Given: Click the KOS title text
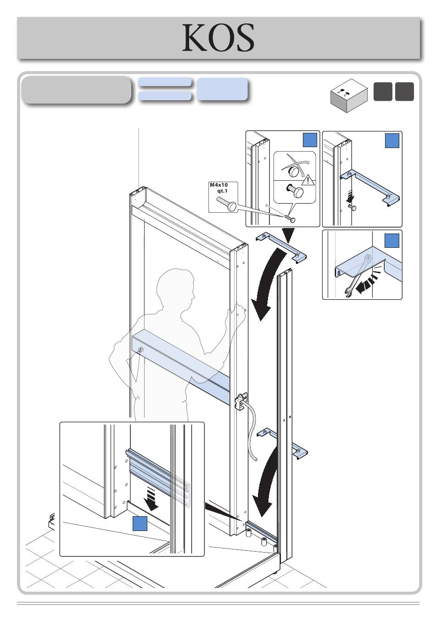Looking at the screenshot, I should (x=218, y=38).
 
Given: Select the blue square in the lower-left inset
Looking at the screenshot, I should (x=140, y=524).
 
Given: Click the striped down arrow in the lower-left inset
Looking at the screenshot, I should (x=151, y=499).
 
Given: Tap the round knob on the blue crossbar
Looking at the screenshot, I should (x=140, y=350).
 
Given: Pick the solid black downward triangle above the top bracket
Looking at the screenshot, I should (x=289, y=236).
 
